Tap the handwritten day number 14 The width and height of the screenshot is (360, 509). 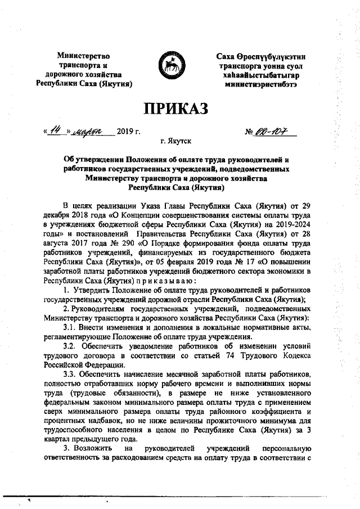click(x=56, y=130)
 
